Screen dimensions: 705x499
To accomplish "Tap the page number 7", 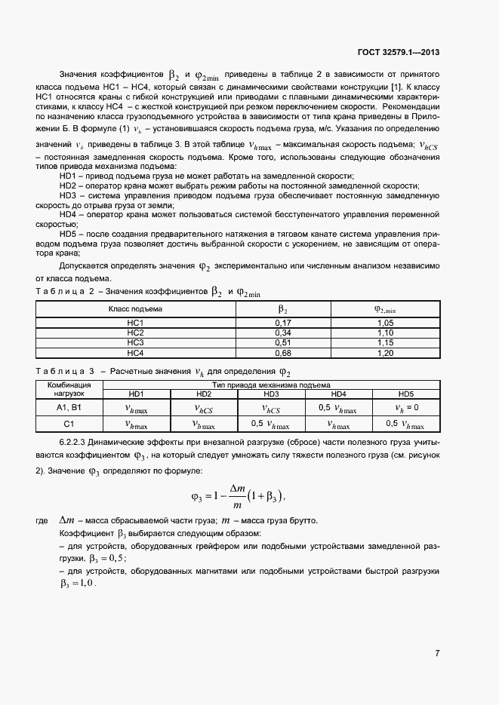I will coord(437,653).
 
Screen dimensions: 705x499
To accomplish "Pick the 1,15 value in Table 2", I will coord(385,342).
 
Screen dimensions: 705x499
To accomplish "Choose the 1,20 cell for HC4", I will coord(385,352).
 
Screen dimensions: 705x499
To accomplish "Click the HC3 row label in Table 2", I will coord(136,342).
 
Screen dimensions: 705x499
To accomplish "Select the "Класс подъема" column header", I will coord(136,308).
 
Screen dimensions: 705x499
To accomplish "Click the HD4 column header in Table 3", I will coord(338,394).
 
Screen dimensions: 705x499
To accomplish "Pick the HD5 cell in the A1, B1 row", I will coord(406,408).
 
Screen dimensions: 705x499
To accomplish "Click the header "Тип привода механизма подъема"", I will coord(271,385).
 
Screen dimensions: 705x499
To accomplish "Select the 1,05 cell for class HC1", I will coord(385,323).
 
